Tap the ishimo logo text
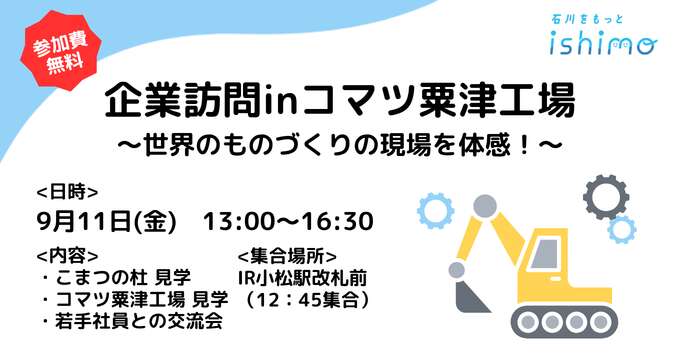[x=603, y=43]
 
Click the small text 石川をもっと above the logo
[x=587, y=20]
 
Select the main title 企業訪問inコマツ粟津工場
[x=340, y=101]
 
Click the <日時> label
[x=67, y=192]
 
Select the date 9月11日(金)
[x=107, y=221]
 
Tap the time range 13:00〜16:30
[x=288, y=221]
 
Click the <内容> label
[x=67, y=256]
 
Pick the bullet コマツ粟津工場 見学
[x=135, y=299]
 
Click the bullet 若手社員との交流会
[x=132, y=321]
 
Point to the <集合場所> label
[x=287, y=256]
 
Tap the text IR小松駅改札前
[x=303, y=278]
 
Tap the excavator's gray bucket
[x=471, y=295]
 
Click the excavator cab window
[x=545, y=254]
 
